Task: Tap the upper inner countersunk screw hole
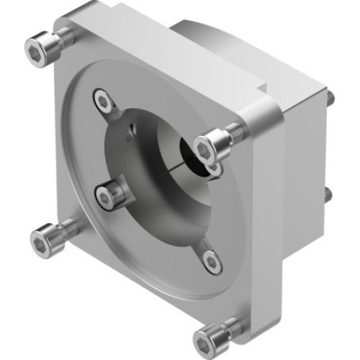pos(105,102)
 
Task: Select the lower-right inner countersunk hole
pos(210,261)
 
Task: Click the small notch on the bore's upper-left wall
pos(130,130)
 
